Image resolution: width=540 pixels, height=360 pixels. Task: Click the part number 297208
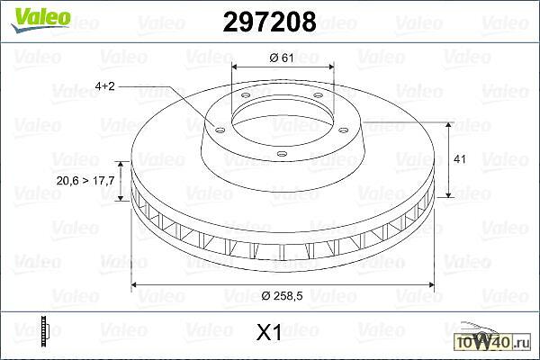(x=269, y=22)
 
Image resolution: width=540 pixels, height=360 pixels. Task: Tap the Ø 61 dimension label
(x=282, y=58)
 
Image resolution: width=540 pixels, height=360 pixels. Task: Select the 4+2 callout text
(x=104, y=86)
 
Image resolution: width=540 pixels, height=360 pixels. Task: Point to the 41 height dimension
(x=460, y=159)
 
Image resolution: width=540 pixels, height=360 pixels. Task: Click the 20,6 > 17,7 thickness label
(x=85, y=181)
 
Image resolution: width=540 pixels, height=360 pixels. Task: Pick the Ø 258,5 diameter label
(x=282, y=295)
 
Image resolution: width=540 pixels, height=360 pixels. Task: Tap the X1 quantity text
(x=268, y=333)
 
